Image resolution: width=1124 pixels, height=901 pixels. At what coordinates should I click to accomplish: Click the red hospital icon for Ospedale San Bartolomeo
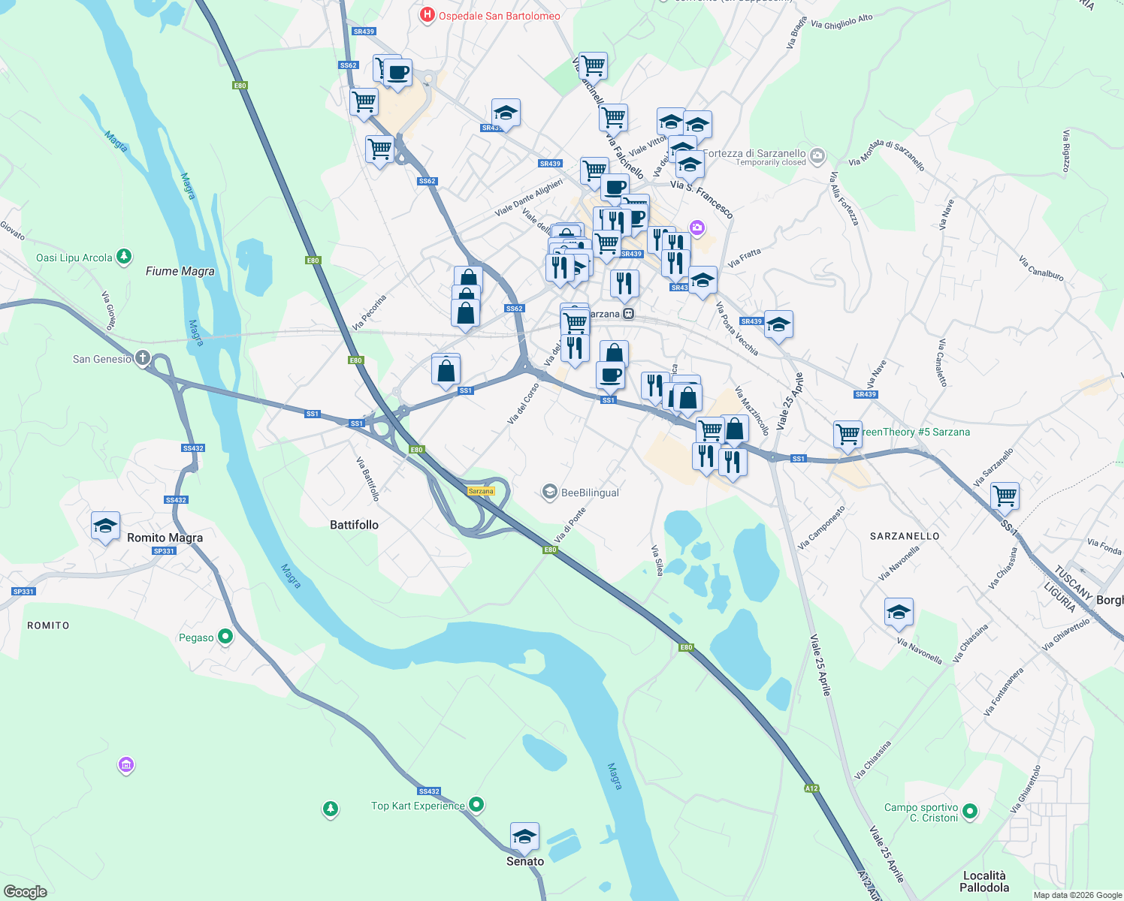[427, 15]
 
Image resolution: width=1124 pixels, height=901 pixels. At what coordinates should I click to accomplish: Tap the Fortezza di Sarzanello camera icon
[817, 156]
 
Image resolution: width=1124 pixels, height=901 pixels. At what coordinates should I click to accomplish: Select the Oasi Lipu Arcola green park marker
[125, 258]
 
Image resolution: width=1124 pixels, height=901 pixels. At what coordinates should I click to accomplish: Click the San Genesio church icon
[143, 358]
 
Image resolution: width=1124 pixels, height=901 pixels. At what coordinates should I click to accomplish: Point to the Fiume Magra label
[180, 271]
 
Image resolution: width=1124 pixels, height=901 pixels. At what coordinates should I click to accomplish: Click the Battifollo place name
[354, 525]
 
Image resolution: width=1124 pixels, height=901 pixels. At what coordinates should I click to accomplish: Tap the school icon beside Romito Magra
[105, 526]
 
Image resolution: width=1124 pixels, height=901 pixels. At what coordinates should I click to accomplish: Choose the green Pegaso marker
[225, 637]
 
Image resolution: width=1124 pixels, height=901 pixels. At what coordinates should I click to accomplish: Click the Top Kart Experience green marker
[476, 805]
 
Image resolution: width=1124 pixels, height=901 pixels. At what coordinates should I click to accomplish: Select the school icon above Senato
[524, 836]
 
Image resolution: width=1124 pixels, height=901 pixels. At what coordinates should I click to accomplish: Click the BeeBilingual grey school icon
[549, 493]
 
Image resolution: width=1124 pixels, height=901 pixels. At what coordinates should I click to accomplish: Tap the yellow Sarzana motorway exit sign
[481, 491]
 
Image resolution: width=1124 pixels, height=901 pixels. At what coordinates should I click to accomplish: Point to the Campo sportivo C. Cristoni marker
[970, 811]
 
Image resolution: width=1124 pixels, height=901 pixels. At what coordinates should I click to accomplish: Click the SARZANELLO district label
[905, 536]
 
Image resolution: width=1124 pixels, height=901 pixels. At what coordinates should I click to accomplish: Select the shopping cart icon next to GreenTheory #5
[848, 434]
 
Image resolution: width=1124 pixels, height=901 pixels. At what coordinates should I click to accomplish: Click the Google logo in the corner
[26, 892]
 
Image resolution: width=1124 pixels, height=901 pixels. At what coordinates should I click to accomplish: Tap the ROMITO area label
[48, 625]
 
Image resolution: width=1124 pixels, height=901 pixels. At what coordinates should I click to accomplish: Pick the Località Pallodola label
[984, 881]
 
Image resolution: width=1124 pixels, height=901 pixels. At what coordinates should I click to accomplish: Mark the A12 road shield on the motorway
[811, 788]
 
